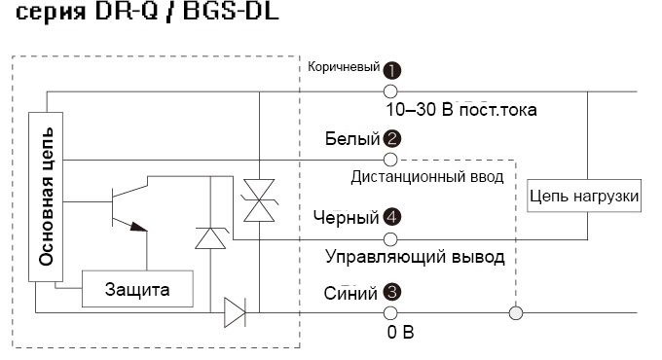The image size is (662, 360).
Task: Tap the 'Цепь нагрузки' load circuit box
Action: click(585, 197)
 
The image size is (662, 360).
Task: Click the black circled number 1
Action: click(392, 70)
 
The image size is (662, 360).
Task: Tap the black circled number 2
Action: click(391, 139)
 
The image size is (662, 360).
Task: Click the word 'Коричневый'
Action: click(343, 68)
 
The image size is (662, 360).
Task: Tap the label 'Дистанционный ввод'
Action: click(426, 177)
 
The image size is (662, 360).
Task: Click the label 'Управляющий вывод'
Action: click(414, 258)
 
